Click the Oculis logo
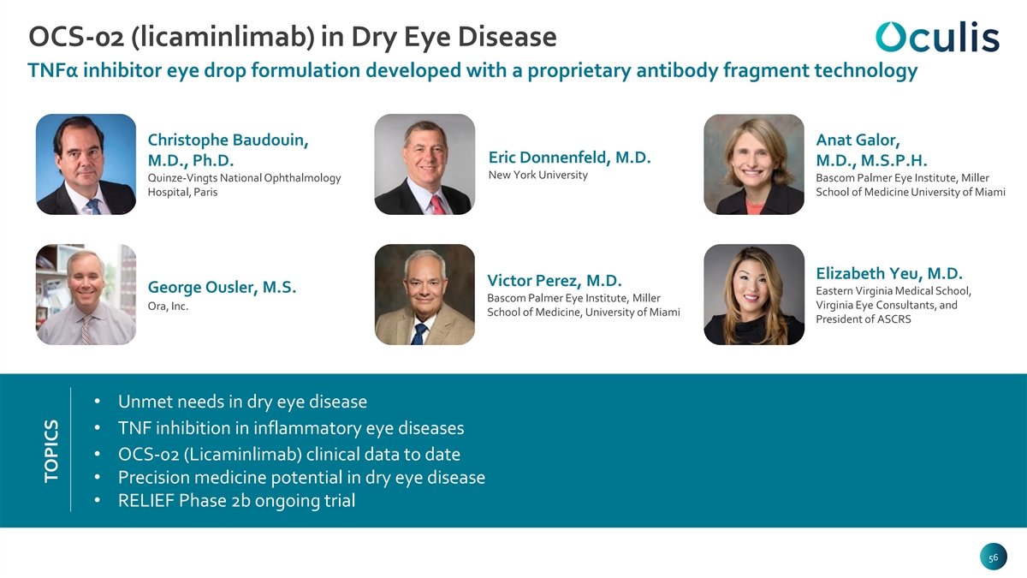pyautogui.click(x=937, y=37)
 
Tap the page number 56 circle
pyautogui.click(x=993, y=557)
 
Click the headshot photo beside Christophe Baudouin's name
pyautogui.click(x=86, y=164)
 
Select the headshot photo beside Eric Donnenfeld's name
pyautogui.click(x=424, y=164)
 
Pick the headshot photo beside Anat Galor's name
pyautogui.click(x=754, y=164)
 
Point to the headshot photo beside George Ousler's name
pyautogui.click(x=86, y=295)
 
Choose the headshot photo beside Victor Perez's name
pyautogui.click(x=424, y=295)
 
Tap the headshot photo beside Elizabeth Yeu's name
pyautogui.click(x=754, y=295)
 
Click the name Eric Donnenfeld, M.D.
pyautogui.click(x=569, y=158)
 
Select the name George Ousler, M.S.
pyautogui.click(x=222, y=287)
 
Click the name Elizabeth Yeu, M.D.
pyautogui.click(x=889, y=273)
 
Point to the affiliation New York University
pyautogui.click(x=537, y=176)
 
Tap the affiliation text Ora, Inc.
pyautogui.click(x=168, y=306)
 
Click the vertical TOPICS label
pyautogui.click(x=51, y=451)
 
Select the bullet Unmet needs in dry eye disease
pyautogui.click(x=242, y=402)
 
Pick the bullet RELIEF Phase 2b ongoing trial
pyautogui.click(x=236, y=500)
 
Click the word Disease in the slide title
pyautogui.click(x=507, y=37)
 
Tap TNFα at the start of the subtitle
pyautogui.click(x=53, y=70)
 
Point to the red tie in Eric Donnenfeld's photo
pyautogui.click(x=437, y=205)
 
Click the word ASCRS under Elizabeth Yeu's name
pyautogui.click(x=893, y=319)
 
